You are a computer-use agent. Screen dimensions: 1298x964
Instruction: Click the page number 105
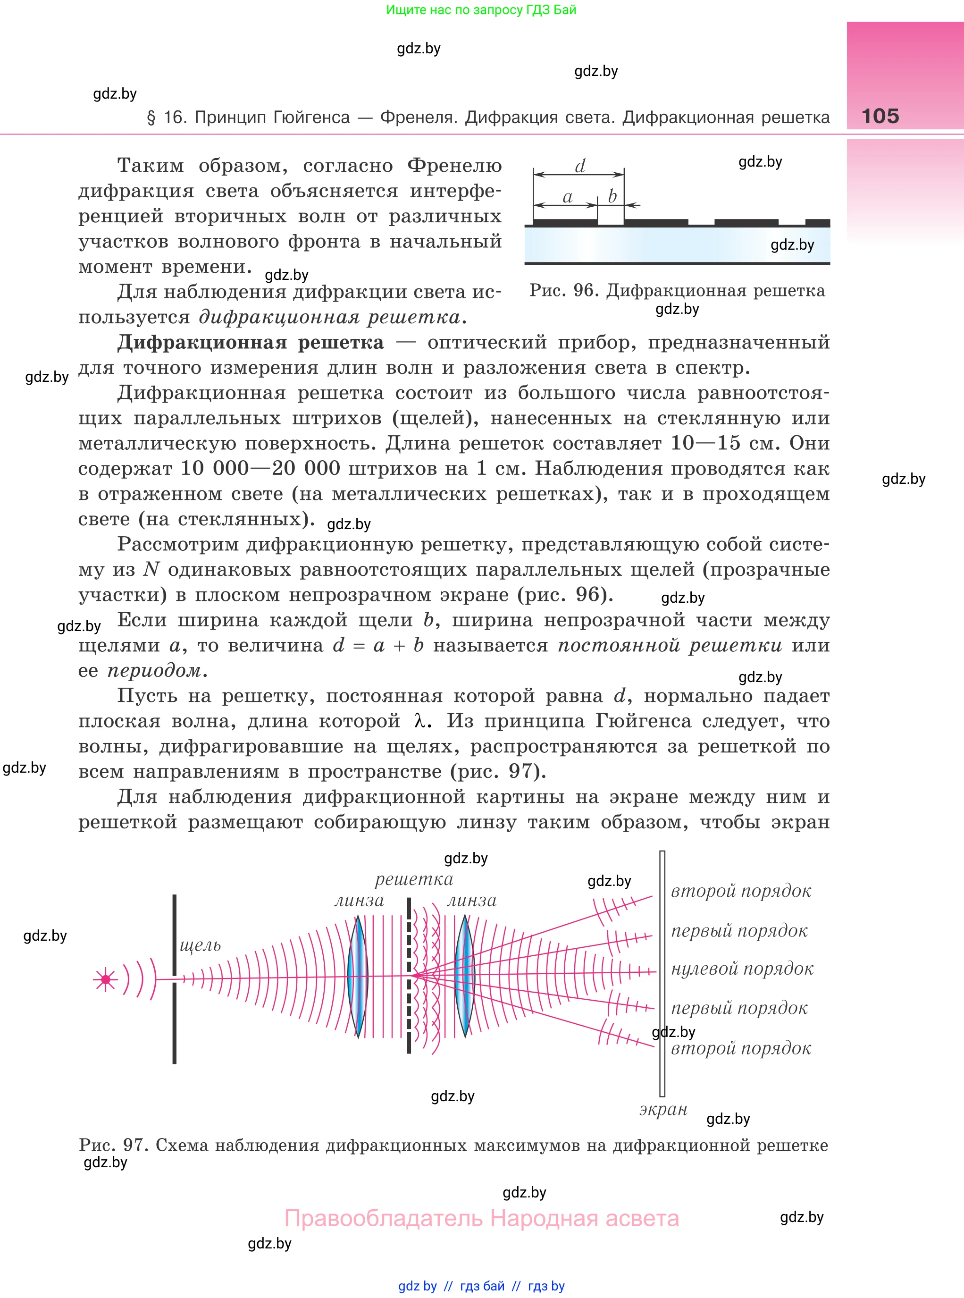click(880, 116)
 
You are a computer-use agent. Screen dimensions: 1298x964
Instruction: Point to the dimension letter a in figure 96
click(567, 197)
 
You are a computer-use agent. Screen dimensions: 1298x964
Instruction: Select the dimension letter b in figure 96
click(612, 196)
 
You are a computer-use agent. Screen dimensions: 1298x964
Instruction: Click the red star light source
click(106, 980)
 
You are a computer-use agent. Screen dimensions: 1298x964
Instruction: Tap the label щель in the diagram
click(200, 945)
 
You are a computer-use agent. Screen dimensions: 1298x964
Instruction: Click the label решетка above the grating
click(414, 879)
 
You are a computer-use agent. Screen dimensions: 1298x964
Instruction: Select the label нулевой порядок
click(742, 969)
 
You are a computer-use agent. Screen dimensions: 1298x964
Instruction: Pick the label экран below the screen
click(663, 1109)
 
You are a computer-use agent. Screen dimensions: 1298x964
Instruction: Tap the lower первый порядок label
click(739, 1008)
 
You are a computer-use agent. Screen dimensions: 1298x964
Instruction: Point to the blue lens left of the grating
click(358, 976)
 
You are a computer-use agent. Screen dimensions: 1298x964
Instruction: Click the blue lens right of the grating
click(465, 976)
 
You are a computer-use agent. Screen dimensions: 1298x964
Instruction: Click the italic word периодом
click(154, 671)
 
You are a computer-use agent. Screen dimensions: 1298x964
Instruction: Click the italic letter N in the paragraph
click(151, 569)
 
